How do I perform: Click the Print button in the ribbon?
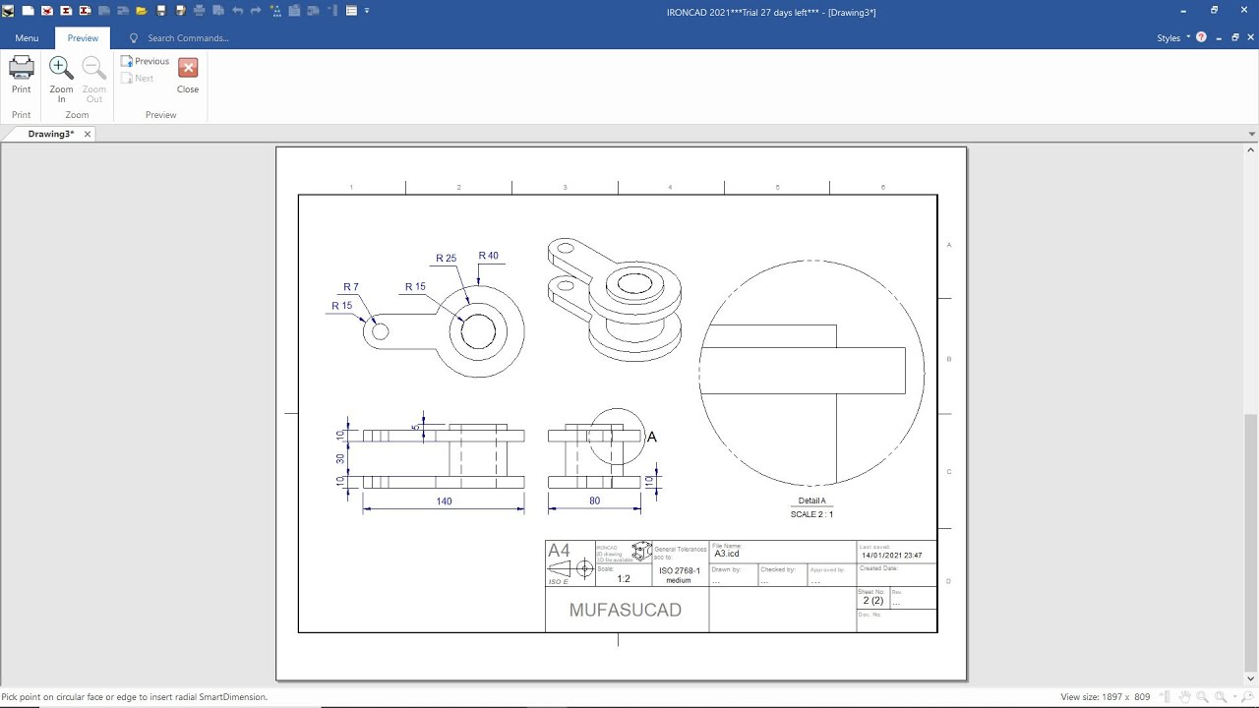21,75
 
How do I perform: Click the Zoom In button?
61,79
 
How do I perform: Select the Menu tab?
27,38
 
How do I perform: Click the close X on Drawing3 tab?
88,134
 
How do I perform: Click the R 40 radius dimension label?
488,256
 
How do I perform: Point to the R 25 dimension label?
446,259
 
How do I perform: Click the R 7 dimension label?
350,287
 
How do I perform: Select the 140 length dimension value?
444,501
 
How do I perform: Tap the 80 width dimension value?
594,501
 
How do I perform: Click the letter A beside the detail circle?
651,437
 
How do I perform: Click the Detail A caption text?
811,501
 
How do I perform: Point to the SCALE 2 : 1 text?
811,514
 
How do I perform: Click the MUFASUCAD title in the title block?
625,610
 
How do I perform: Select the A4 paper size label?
559,551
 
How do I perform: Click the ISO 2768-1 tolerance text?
679,571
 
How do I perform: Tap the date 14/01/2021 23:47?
891,556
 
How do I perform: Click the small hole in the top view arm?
380,331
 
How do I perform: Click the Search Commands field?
188,38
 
